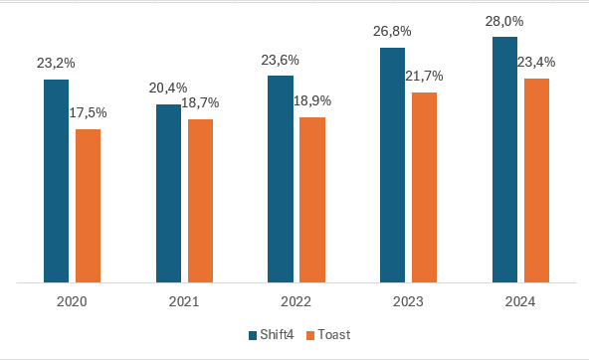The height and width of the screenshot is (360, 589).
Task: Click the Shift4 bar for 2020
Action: [x=56, y=181]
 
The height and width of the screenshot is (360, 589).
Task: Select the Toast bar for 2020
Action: [x=89, y=206]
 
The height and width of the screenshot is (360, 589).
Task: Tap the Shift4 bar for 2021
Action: [x=168, y=193]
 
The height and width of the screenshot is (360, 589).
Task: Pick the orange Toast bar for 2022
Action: [x=312, y=200]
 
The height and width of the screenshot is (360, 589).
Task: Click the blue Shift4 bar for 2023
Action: [x=393, y=165]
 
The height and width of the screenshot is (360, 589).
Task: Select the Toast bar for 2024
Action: [x=536, y=180]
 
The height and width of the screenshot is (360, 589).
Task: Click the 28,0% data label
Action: [x=504, y=21]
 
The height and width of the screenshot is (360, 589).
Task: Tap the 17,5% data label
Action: [x=89, y=112]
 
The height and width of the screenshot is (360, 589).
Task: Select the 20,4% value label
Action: [x=168, y=88]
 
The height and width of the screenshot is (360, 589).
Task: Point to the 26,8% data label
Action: [x=393, y=31]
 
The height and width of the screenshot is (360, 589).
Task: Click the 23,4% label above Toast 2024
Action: [x=536, y=62]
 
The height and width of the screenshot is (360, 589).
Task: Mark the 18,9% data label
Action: [x=312, y=100]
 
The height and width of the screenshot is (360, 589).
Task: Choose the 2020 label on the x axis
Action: [x=73, y=301]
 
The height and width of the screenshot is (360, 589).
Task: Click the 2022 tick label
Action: [x=296, y=301]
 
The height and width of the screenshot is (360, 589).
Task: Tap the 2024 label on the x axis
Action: [x=520, y=301]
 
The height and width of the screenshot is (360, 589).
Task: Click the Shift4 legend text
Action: [x=278, y=335]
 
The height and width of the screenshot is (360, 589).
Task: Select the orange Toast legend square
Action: [x=309, y=335]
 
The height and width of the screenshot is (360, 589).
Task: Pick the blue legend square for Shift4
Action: [x=253, y=335]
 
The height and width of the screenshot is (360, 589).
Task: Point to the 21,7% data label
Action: [x=425, y=76]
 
